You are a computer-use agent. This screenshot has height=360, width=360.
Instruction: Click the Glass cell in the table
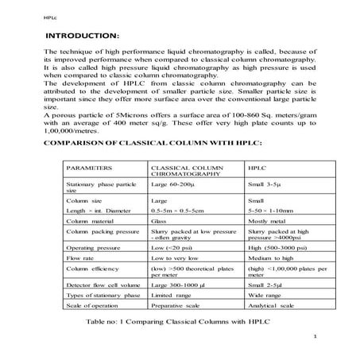pyautogui.click(x=159, y=221)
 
